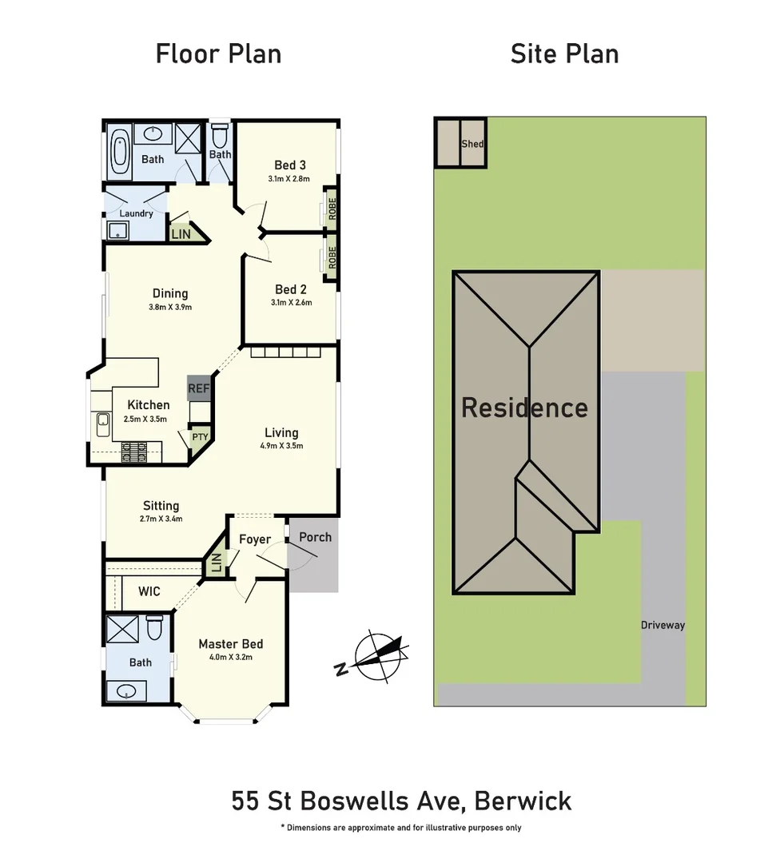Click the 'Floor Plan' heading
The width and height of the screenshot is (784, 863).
coord(218,54)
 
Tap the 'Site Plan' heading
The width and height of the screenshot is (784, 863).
coord(564,54)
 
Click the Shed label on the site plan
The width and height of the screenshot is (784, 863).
coord(472,145)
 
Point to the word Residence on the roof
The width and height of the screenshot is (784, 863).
coord(524,408)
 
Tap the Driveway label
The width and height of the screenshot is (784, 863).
coord(663,626)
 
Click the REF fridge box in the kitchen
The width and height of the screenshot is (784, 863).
coord(198,389)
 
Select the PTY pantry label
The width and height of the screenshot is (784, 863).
coord(199,437)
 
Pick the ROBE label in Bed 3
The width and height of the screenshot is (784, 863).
coord(332,209)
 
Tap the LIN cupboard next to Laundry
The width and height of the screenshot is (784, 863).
coord(181,234)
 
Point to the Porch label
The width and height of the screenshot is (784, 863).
coord(315,537)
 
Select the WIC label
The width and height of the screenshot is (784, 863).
coord(149,592)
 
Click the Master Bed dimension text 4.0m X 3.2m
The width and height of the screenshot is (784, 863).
coord(230,658)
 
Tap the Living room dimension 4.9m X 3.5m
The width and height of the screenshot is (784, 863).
coord(281,447)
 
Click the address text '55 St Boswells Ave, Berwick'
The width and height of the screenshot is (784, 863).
coord(401,801)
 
